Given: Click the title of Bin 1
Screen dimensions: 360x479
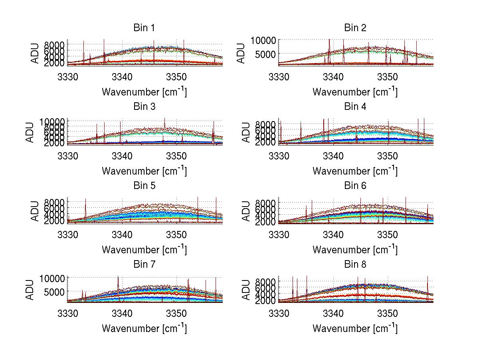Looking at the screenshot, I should coord(144,28).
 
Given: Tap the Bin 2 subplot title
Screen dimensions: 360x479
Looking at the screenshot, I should coord(355,28).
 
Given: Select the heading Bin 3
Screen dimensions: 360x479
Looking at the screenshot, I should coord(144,107).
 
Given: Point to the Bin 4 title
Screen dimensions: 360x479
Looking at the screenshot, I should coord(355,107).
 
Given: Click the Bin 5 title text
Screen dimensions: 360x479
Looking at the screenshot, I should coord(144,186).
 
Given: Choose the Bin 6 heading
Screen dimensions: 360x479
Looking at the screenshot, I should coord(355,186).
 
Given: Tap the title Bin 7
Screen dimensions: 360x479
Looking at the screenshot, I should coord(144,265).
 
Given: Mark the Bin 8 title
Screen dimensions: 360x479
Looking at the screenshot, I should coord(355,265).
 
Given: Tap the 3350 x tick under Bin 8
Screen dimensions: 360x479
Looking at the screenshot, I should coord(387,313).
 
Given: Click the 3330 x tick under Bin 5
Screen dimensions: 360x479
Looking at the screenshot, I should coord(68,234).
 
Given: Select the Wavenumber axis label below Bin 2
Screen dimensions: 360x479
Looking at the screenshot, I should coord(355,92).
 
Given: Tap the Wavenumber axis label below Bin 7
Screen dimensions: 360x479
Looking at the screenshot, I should coord(144,328).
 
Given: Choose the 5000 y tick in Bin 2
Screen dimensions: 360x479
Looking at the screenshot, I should coord(264,54).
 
